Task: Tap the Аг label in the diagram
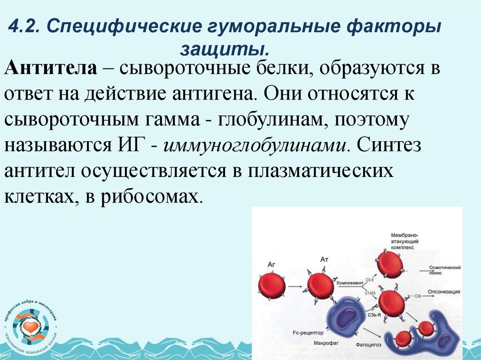coord(271,264)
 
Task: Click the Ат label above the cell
coord(324,259)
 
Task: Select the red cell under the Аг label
coord(272,286)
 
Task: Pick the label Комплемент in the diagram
coord(350,283)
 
